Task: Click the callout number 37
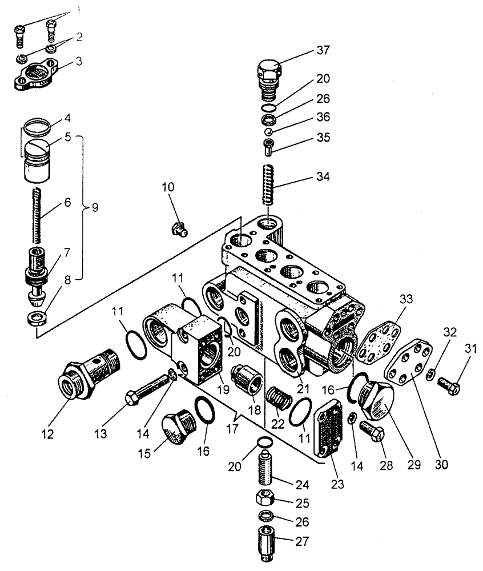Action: [x=323, y=50]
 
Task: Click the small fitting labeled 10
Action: [x=179, y=230]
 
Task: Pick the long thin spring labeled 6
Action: [x=37, y=215]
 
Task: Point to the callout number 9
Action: [x=95, y=207]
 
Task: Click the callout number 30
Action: [x=441, y=465]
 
